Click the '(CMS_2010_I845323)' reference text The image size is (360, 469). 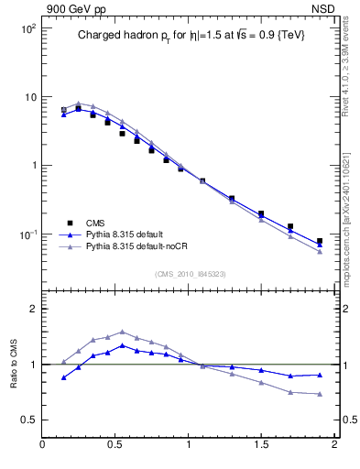click(191, 273)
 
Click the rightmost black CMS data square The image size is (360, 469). click(320, 242)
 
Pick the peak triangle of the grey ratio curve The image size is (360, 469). click(122, 332)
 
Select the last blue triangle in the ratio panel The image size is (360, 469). click(320, 375)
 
